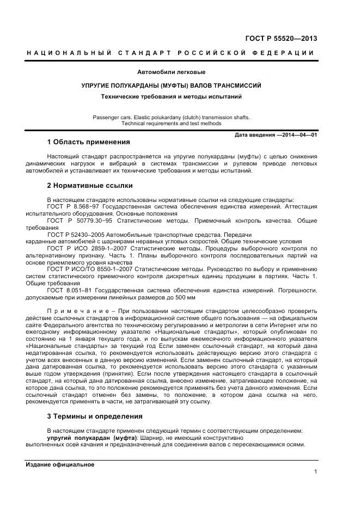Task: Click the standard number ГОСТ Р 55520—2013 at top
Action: pos(282,39)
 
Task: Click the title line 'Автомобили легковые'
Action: pos(171,72)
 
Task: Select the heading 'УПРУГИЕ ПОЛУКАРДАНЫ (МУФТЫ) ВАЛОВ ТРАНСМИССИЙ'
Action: pos(171,85)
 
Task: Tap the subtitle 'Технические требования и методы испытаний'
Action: pos(171,97)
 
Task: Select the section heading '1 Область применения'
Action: pos(88,143)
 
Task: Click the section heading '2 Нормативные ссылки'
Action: pos(89,185)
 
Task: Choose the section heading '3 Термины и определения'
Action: pos(95,416)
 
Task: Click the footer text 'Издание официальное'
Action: pos(60,464)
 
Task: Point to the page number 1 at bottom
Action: pos(315,473)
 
